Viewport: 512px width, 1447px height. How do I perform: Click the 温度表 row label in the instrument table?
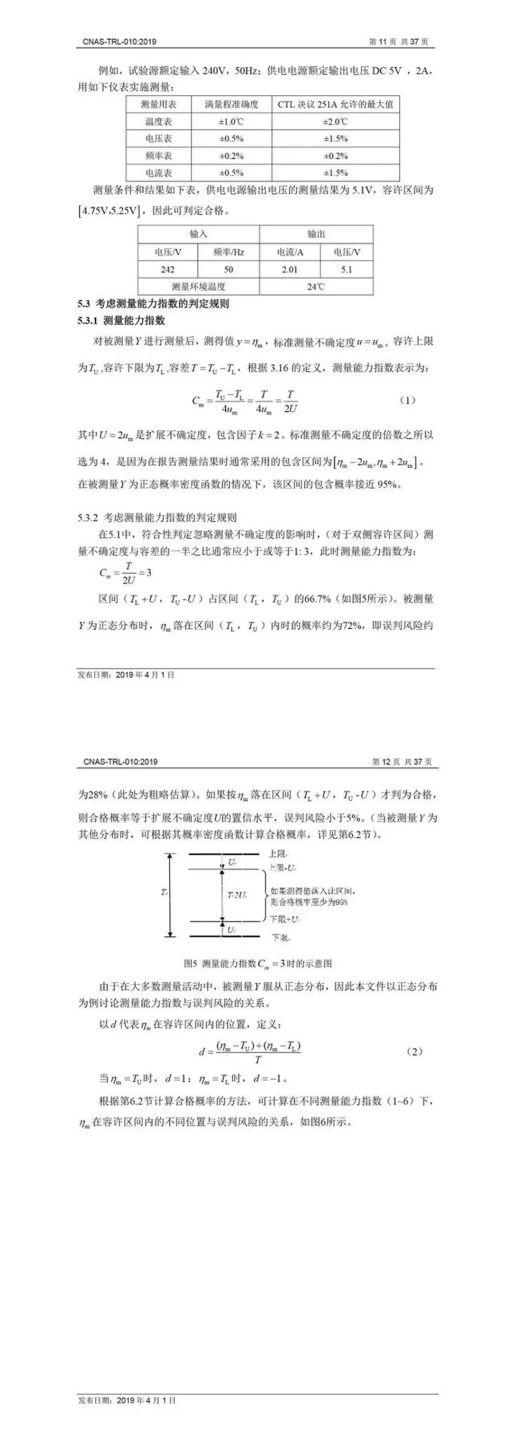click(x=158, y=121)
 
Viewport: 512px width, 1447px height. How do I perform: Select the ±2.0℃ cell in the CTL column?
click(x=335, y=121)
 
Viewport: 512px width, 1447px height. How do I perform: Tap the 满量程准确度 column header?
click(x=231, y=105)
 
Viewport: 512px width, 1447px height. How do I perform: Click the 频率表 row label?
click(x=158, y=155)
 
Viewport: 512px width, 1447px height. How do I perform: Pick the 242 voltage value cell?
click(x=167, y=270)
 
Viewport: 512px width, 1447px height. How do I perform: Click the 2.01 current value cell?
click(x=290, y=270)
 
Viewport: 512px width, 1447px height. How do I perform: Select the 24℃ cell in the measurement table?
click(x=316, y=287)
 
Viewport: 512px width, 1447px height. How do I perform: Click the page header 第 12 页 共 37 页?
click(x=402, y=762)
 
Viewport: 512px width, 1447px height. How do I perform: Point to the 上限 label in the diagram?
click(x=279, y=854)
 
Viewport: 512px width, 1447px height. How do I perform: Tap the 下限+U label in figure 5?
click(x=284, y=919)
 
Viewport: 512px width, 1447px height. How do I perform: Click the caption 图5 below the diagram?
click(x=258, y=963)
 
